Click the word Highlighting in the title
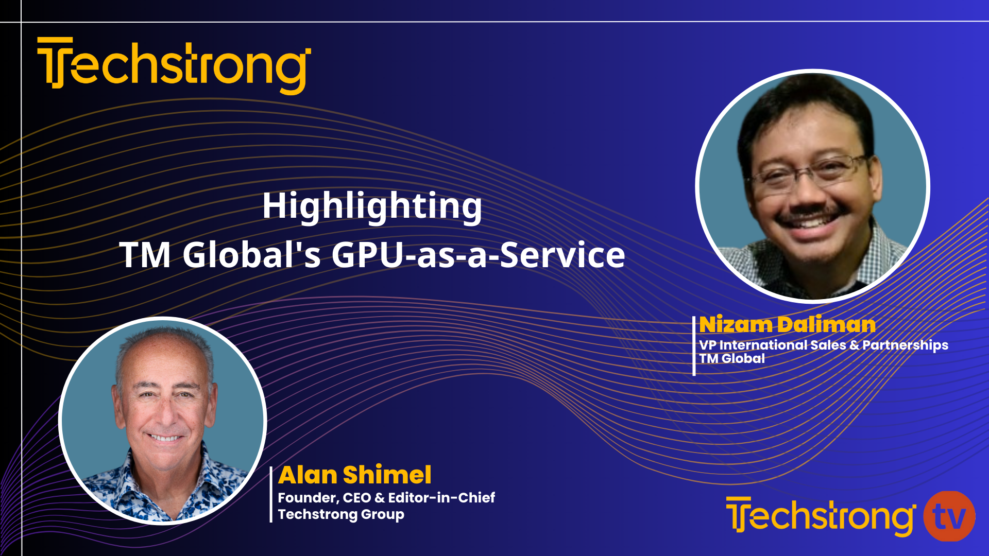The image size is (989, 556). point(372,206)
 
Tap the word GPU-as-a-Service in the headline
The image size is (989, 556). point(478,255)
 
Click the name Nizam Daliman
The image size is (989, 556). point(787,325)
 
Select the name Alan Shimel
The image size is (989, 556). point(354,475)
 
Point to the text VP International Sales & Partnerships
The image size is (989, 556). point(823,345)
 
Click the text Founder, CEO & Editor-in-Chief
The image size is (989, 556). point(386,498)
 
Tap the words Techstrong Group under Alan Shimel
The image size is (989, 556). point(340,514)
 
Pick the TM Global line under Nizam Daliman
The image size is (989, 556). point(731,359)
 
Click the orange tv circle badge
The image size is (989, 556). point(949,516)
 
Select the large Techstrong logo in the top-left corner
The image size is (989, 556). point(174,65)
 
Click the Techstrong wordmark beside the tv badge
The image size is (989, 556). point(820,516)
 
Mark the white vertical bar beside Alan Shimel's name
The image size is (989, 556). point(271,494)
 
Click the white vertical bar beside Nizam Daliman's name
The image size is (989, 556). point(694,345)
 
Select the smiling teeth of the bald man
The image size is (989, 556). point(164,438)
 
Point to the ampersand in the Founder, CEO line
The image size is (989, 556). point(380,498)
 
